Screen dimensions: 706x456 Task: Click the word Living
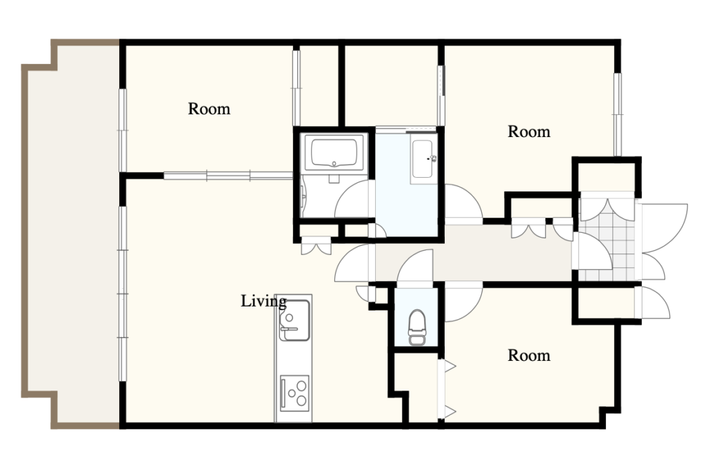pyautogui.click(x=263, y=301)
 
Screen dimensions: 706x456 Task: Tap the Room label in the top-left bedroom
pyautogui.click(x=209, y=108)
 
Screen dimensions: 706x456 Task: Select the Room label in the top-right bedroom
pyautogui.click(x=529, y=132)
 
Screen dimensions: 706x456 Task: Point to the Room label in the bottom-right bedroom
pyautogui.click(x=529, y=355)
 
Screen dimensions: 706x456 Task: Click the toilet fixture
pyautogui.click(x=417, y=327)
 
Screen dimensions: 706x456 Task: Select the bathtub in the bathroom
pyautogui.click(x=334, y=152)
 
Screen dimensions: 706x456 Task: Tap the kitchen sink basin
pyautogui.click(x=294, y=320)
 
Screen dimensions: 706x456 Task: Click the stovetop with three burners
pyautogui.click(x=294, y=393)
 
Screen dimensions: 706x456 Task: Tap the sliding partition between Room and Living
pyautogui.click(x=228, y=176)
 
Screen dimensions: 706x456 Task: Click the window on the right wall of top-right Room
pyautogui.click(x=617, y=114)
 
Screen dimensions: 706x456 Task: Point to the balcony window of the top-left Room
pyautogui.click(x=123, y=130)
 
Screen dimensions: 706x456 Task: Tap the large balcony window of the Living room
pyautogui.click(x=123, y=293)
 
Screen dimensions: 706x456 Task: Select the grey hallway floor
pyautogui.click(x=473, y=253)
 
